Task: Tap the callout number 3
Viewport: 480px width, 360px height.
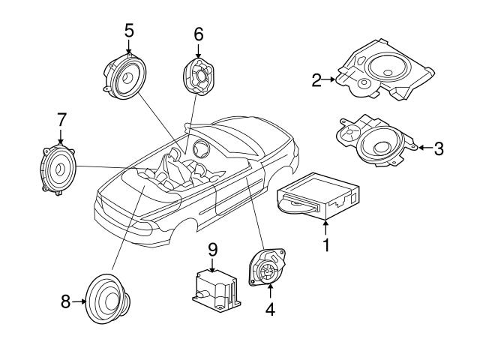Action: pyautogui.click(x=439, y=148)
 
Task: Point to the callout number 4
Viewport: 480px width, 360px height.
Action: pyautogui.click(x=268, y=307)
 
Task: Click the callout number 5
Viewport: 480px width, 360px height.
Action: pyautogui.click(x=129, y=31)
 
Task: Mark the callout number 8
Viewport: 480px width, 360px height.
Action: pyautogui.click(x=65, y=302)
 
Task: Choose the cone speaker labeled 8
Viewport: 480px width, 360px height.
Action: pyautogui.click(x=108, y=299)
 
